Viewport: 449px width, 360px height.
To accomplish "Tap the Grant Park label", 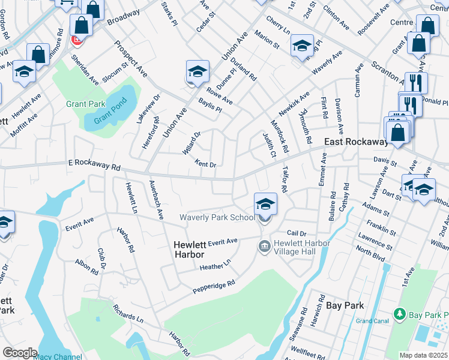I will (x=86, y=104).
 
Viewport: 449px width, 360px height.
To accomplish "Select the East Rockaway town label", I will (x=356, y=142).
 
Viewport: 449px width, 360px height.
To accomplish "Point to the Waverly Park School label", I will (x=217, y=217).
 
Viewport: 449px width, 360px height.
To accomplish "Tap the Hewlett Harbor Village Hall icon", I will (x=264, y=246).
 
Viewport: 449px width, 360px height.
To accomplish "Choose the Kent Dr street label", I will (x=206, y=163).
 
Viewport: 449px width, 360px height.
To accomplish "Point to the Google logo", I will (x=20, y=353).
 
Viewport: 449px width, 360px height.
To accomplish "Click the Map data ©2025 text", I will (x=423, y=355).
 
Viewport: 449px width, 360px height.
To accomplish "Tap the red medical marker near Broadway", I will (x=77, y=40).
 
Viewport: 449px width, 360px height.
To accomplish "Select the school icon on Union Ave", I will (x=197, y=71).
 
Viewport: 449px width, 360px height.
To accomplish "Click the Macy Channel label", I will (x=58, y=357).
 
